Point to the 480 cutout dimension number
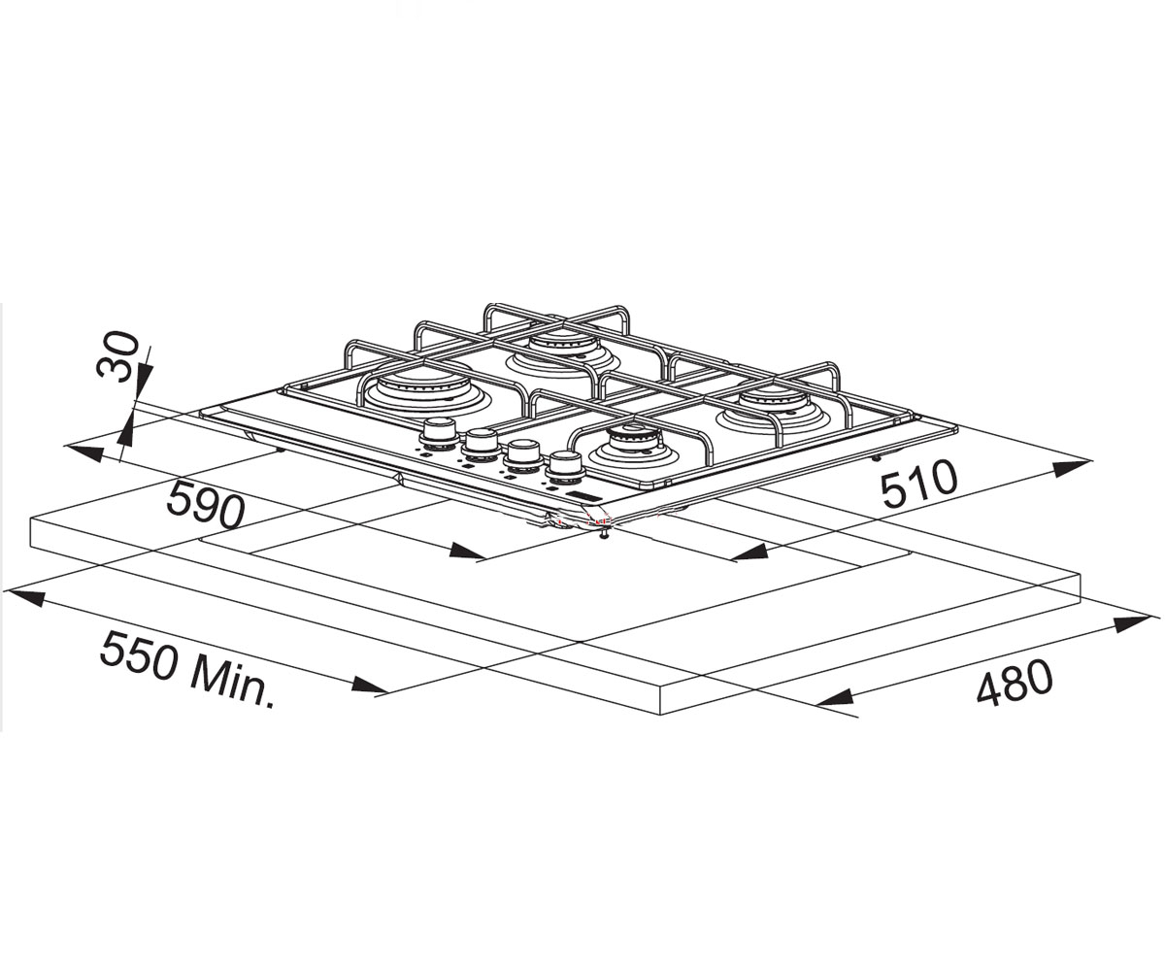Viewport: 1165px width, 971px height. (x=1014, y=688)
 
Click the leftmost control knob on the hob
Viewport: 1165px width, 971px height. (x=440, y=435)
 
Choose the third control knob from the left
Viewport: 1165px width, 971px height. (x=523, y=453)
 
